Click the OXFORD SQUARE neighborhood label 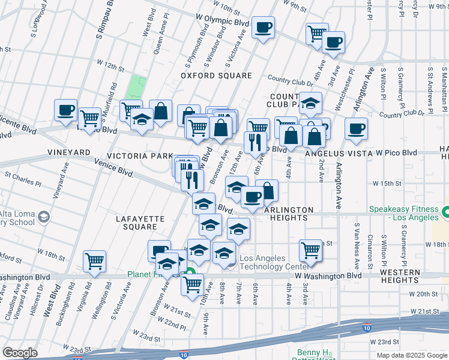coord(217,76)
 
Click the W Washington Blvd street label coord(328,275)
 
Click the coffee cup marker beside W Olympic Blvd coord(263,27)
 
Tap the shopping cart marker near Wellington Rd coord(94,261)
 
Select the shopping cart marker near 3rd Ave coord(310,250)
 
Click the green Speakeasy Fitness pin coord(445,212)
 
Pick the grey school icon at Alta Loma coord(43,216)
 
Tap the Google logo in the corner coord(20,353)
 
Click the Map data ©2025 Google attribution coord(411,355)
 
